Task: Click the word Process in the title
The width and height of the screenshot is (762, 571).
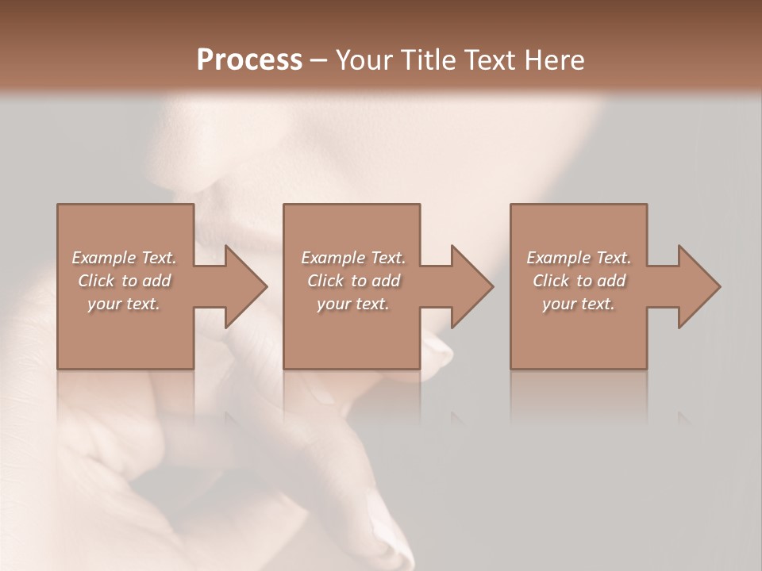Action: pos(249,60)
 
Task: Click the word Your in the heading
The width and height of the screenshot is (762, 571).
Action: pos(363,60)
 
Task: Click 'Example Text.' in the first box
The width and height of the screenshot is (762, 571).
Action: pos(124,258)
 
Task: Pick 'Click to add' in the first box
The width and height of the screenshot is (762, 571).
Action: pos(124,281)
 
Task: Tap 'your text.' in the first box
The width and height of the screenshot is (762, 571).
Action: pos(124,304)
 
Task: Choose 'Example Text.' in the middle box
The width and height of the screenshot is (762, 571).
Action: pos(353,258)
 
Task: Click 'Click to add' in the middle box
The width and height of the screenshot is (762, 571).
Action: pos(353,281)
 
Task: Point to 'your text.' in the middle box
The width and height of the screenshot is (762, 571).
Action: pos(353,304)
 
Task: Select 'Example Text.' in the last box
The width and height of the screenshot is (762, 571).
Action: pos(579,258)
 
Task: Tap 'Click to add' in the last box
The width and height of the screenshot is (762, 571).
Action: pos(579,281)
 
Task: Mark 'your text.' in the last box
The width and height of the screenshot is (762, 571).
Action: pos(579,304)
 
